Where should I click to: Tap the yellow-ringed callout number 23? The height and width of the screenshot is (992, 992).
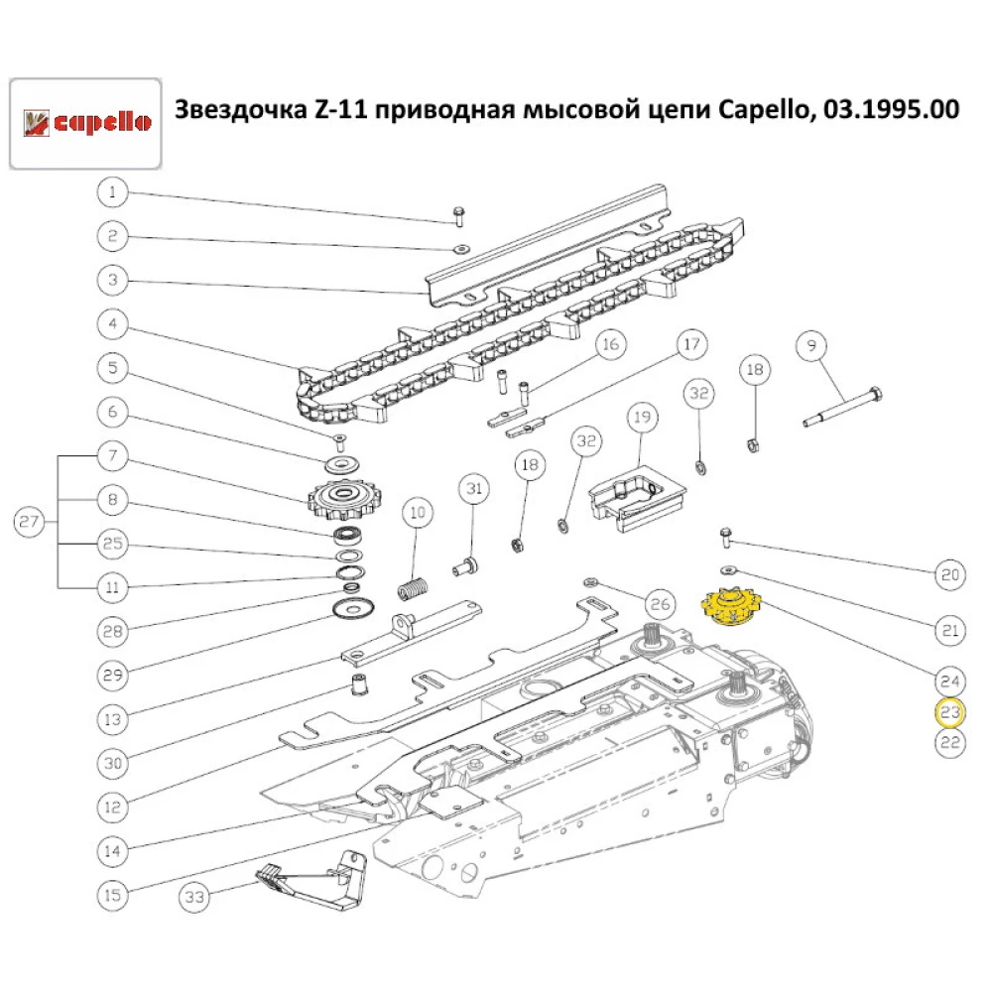950,712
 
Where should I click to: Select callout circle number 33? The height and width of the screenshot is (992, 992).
195,899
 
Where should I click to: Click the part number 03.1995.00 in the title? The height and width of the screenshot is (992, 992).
886,110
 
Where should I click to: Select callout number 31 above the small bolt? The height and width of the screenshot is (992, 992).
474,489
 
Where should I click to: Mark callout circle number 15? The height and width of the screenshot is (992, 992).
112,895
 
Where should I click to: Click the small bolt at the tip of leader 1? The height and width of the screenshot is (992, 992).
459,215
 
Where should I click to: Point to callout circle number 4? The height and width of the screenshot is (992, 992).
112,323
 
